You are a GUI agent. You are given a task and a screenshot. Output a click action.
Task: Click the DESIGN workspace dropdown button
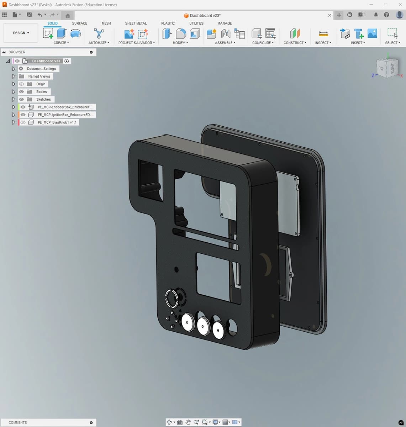[x=21, y=33]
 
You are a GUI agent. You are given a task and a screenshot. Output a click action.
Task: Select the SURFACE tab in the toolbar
[x=79, y=23]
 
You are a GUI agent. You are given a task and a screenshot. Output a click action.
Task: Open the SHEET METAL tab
[x=136, y=23]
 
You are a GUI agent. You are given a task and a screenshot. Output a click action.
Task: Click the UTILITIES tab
[x=196, y=23]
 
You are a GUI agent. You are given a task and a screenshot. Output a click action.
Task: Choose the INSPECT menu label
[x=323, y=43]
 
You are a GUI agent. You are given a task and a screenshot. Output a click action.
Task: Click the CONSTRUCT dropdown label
[x=295, y=43]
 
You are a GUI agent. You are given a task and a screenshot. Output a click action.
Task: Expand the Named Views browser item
[x=14, y=77]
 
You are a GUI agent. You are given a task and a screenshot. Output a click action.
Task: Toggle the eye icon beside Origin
[x=21, y=84]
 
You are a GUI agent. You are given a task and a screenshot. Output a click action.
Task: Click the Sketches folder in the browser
[x=43, y=100]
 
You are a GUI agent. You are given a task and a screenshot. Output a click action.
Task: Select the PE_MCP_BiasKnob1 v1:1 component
[x=57, y=122]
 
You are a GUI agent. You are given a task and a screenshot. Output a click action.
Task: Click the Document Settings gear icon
[x=21, y=69]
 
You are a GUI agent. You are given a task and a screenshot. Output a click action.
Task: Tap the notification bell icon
[x=376, y=15]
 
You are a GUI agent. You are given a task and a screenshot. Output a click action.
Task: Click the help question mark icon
[x=386, y=15]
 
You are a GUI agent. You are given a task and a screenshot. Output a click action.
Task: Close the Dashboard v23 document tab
[x=329, y=15]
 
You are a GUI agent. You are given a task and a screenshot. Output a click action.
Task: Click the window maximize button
[x=385, y=5]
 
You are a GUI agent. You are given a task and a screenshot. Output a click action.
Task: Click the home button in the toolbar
[x=68, y=15]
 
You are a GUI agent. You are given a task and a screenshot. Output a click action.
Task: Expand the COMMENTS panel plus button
[x=91, y=423]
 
